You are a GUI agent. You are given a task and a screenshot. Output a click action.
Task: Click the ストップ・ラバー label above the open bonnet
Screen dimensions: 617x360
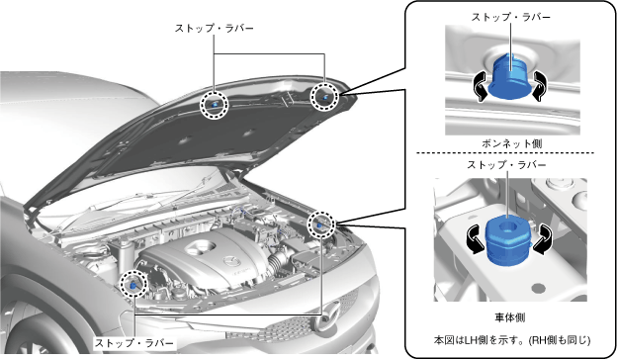pyautogui.click(x=215, y=29)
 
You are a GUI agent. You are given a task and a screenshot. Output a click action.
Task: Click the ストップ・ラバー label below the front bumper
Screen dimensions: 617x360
pyautogui.click(x=133, y=343)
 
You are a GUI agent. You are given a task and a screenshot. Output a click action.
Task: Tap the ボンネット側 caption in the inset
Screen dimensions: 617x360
pyautogui.click(x=512, y=143)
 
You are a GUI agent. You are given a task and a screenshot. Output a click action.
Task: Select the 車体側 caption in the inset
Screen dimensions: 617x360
pyautogui.click(x=510, y=317)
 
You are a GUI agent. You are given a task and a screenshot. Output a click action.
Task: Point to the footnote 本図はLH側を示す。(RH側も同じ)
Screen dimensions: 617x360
pyautogui.click(x=512, y=340)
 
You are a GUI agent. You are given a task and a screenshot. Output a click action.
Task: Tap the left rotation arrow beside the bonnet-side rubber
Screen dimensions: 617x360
pyautogui.click(x=481, y=86)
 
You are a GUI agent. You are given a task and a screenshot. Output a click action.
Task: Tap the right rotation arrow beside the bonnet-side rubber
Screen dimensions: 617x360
pyautogui.click(x=539, y=86)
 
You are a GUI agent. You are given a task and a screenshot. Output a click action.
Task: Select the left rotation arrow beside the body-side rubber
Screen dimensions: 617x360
pyautogui.click(x=475, y=238)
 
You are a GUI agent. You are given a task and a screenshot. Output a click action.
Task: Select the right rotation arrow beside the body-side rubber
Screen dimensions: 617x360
pyautogui.click(x=543, y=238)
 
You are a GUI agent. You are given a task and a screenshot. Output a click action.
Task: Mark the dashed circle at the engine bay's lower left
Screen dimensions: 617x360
pyautogui.click(x=121, y=284)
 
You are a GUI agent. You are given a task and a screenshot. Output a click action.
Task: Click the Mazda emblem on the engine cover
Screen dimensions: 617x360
pyautogui.click(x=229, y=261)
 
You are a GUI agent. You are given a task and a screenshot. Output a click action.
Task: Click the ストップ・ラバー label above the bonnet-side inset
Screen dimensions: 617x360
pyautogui.click(x=511, y=18)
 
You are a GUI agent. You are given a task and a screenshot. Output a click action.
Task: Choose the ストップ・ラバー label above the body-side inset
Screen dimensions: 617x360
pyautogui.click(x=507, y=165)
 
